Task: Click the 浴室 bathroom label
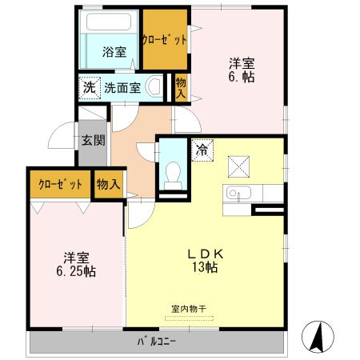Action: coord(114,54)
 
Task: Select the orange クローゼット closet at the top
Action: coord(165,39)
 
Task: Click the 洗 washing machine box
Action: coord(87,87)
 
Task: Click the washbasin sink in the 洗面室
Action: coord(157,87)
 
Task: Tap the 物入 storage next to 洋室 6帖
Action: coord(180,87)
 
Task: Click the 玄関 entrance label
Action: coord(93,142)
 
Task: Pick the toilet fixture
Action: coord(170,174)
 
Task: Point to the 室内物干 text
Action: coord(189,309)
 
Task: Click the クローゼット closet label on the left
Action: coord(60,185)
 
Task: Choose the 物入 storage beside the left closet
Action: coord(108,184)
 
